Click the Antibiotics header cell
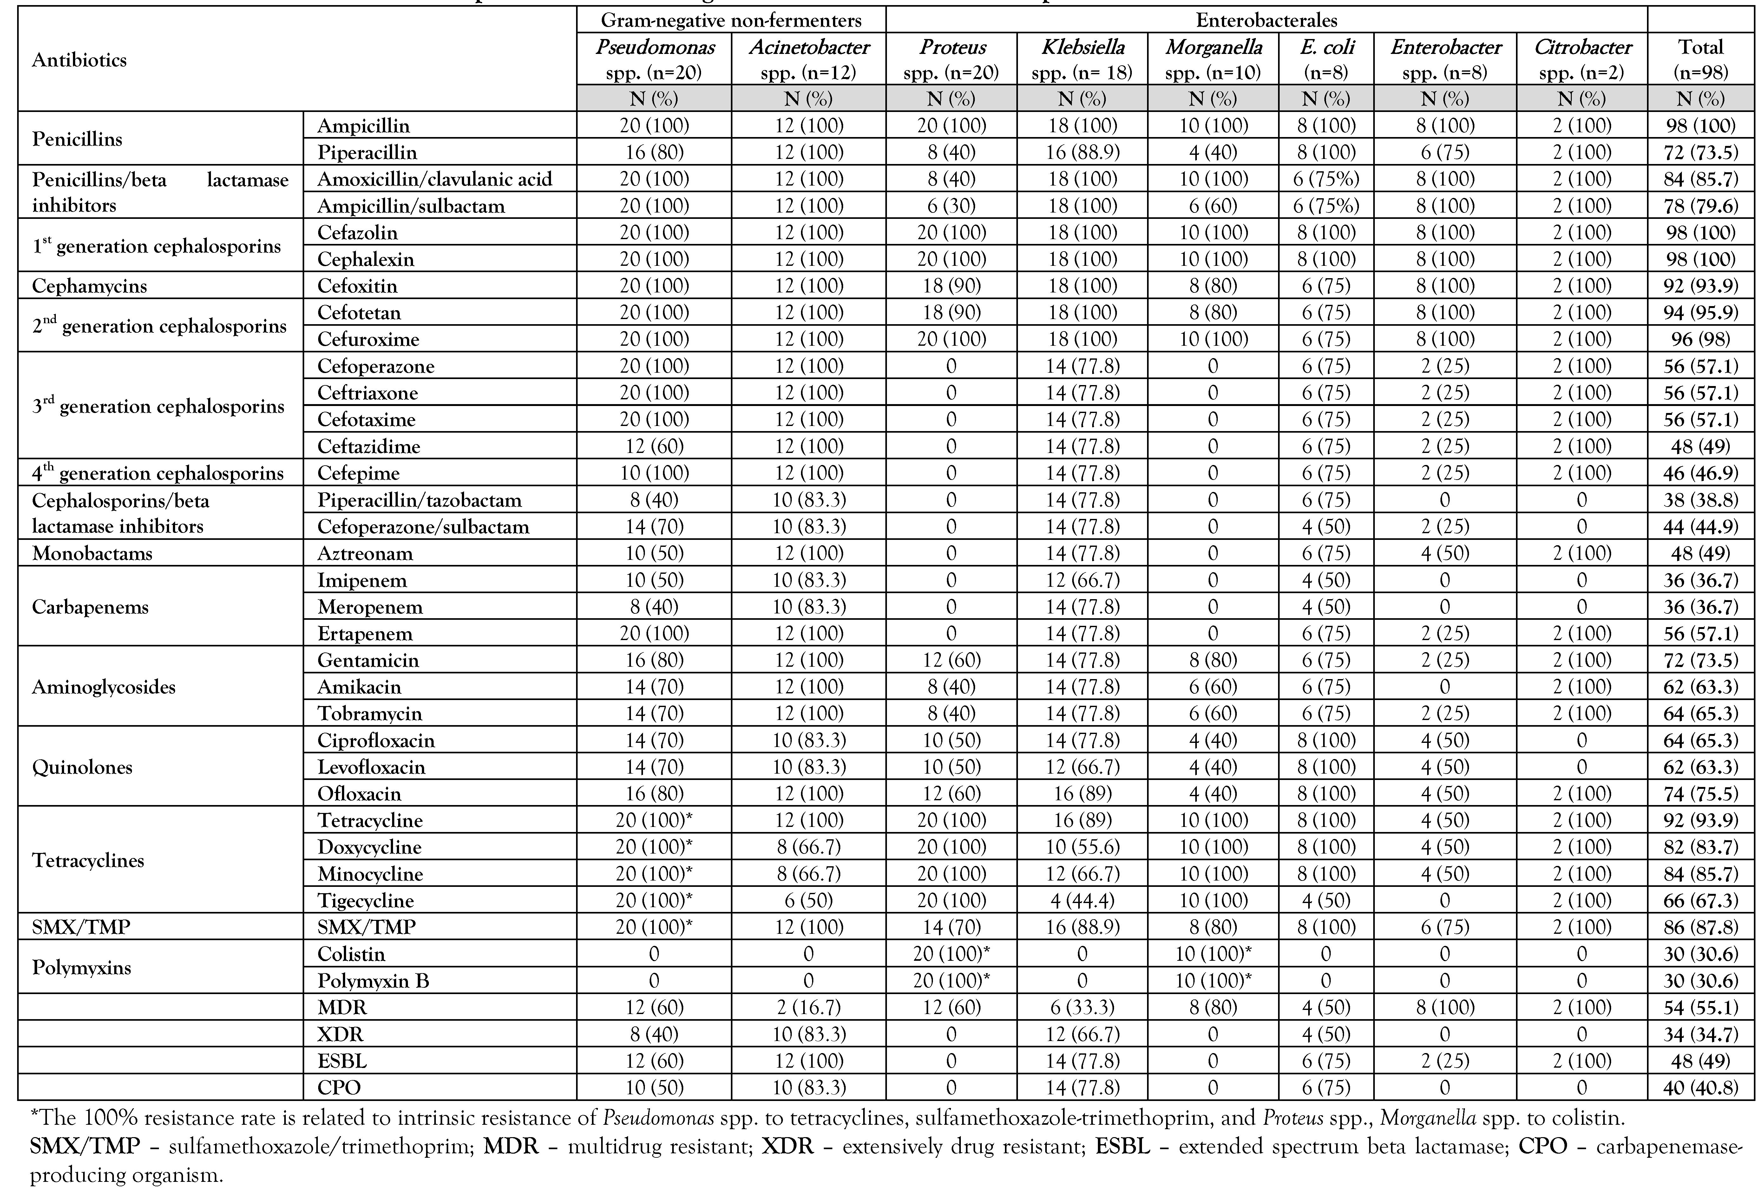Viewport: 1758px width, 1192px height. (x=79, y=60)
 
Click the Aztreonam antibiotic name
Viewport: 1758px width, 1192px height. (x=365, y=553)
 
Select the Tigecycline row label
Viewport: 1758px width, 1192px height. (x=365, y=901)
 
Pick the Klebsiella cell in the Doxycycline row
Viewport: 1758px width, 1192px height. (x=1082, y=847)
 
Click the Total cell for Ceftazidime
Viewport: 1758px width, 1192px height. (x=1701, y=446)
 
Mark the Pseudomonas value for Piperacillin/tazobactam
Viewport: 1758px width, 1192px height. (x=654, y=500)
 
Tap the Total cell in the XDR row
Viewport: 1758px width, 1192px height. (x=1701, y=1034)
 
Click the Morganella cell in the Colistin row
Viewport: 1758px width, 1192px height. (x=1213, y=954)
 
